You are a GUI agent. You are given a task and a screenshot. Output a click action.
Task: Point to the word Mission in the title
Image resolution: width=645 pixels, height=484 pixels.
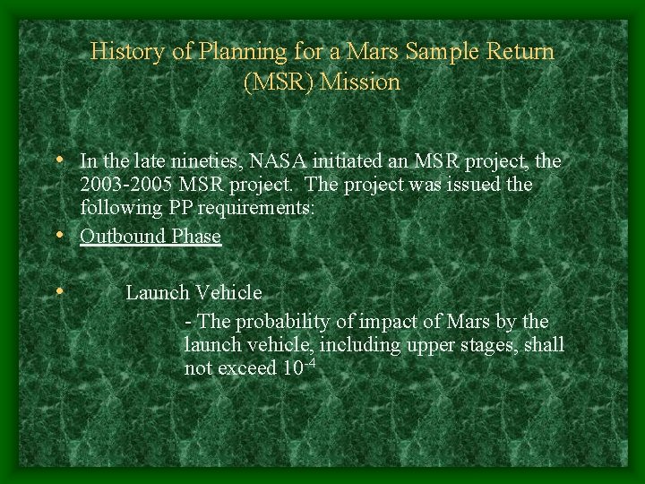[x=360, y=82]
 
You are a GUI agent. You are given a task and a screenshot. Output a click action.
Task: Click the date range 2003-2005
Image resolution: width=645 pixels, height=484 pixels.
[x=126, y=186]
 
